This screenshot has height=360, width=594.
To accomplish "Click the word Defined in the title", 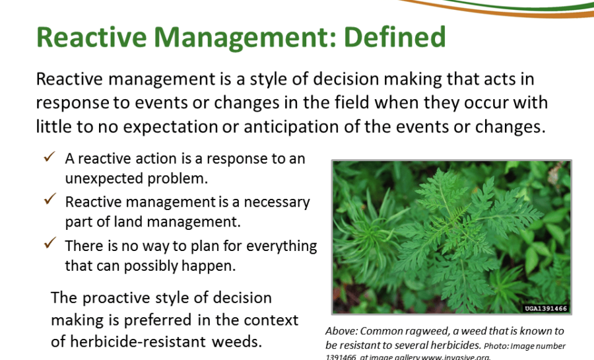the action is pyautogui.click(x=395, y=37).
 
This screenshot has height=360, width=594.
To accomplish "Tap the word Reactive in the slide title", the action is pyautogui.click(x=91, y=37).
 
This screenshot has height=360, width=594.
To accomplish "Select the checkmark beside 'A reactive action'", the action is pyautogui.click(x=49, y=157).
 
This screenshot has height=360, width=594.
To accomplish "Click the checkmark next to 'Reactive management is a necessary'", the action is pyautogui.click(x=49, y=199).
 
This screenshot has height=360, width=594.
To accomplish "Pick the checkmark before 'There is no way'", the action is pyautogui.click(x=49, y=242).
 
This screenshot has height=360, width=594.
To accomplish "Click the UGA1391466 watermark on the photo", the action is pyautogui.click(x=546, y=308).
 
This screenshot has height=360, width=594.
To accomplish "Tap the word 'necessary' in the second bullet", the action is pyautogui.click(x=277, y=202).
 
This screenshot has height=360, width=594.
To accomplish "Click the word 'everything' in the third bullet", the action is pyautogui.click(x=281, y=246).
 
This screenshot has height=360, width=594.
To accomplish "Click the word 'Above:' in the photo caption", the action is pyautogui.click(x=341, y=331).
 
